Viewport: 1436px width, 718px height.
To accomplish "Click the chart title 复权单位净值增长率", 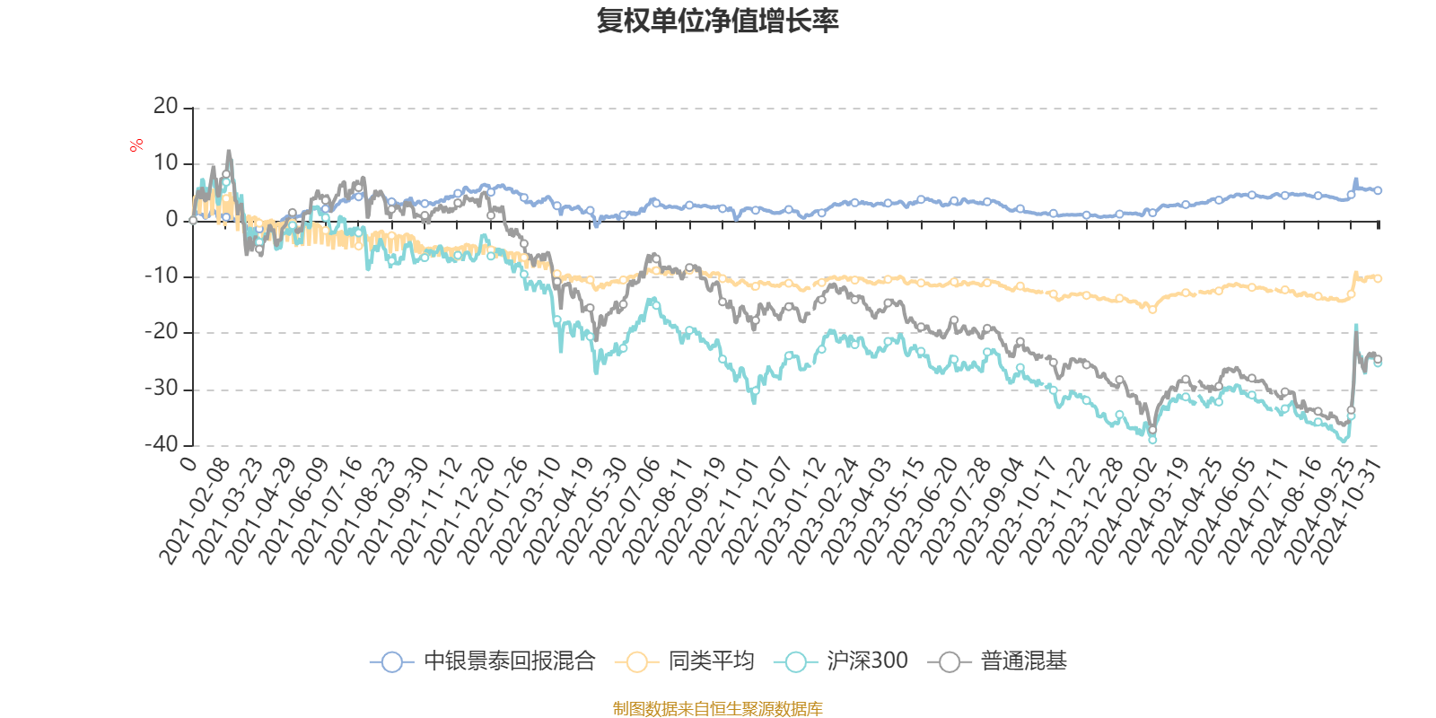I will (x=717, y=21).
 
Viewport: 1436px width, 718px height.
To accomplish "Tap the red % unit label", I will (x=136, y=145).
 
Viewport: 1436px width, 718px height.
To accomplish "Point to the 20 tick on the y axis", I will (x=166, y=107).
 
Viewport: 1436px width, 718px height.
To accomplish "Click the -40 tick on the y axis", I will (x=162, y=444).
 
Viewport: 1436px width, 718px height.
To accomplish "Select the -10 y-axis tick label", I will (x=162, y=276).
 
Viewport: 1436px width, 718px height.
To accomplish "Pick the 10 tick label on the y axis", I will (x=166, y=163).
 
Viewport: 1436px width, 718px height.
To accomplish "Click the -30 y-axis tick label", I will (x=162, y=389).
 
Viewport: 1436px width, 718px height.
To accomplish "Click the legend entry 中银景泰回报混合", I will (x=509, y=661).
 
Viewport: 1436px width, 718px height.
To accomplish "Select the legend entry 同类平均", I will (x=710, y=661).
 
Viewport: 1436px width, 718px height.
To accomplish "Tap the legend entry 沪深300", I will (x=866, y=661).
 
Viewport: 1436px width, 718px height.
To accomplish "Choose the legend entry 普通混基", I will (x=1023, y=661).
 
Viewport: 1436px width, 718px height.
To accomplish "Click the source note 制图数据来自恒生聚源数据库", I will (x=717, y=709).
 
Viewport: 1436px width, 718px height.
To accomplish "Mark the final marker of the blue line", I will (x=1378, y=190).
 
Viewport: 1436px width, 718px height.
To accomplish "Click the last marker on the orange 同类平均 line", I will (x=1378, y=278).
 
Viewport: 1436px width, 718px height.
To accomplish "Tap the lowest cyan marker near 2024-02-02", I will (x=1152, y=439).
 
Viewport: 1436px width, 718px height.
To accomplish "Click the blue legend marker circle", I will (x=391, y=662).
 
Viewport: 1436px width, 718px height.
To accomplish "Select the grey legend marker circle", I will (x=950, y=662).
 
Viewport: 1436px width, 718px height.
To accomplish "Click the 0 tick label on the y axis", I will (x=171, y=220).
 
